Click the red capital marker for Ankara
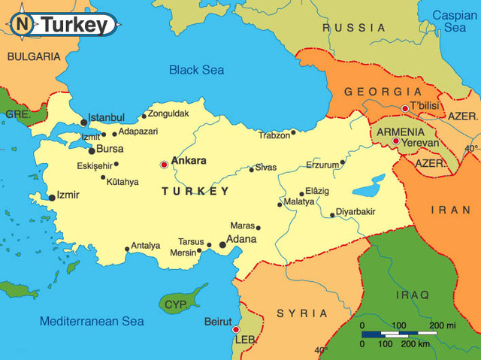tap(164, 164)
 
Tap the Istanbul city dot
tap(83, 122)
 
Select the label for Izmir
tap(68, 195)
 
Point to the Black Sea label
tap(196, 70)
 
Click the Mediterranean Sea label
tap(91, 321)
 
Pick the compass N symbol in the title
tap(23, 24)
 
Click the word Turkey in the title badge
tap(74, 25)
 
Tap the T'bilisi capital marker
tap(405, 108)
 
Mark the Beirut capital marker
tap(235, 329)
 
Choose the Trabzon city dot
tap(294, 132)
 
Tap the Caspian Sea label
tap(455, 20)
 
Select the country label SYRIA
tap(301, 313)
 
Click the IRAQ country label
tap(413, 295)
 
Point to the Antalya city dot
tap(126, 249)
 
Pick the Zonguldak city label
tap(169, 113)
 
